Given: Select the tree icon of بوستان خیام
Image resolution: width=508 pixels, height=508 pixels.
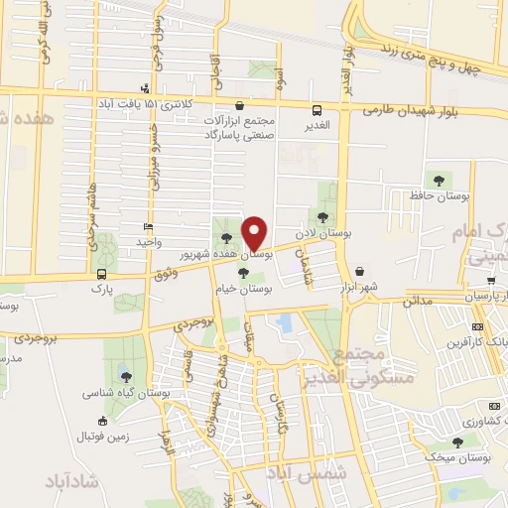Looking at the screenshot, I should click(243, 270).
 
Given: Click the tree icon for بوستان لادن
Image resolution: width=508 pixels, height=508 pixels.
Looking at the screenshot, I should click(322, 216).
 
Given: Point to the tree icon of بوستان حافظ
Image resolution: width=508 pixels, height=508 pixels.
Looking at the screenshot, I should click(439, 180).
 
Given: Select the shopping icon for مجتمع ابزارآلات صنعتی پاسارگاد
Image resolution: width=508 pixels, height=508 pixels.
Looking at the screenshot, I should click(239, 106).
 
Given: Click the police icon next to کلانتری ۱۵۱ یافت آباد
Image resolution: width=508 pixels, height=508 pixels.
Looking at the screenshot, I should click(147, 87).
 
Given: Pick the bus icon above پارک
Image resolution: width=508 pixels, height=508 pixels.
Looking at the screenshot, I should click(102, 273).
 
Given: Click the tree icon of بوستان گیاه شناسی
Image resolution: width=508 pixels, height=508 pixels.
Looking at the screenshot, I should click(126, 375).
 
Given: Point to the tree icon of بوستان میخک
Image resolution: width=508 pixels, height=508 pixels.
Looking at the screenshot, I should click(457, 443).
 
